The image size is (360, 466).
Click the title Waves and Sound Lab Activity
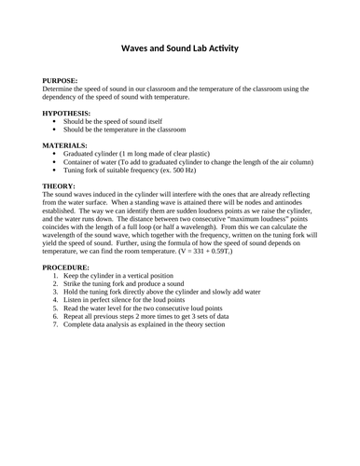tap(180, 50)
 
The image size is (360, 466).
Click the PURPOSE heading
tap(61, 82)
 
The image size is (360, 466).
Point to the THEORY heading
tap(59, 186)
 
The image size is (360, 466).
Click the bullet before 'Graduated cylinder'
tap(56, 155)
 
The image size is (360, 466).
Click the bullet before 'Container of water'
tap(56, 163)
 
